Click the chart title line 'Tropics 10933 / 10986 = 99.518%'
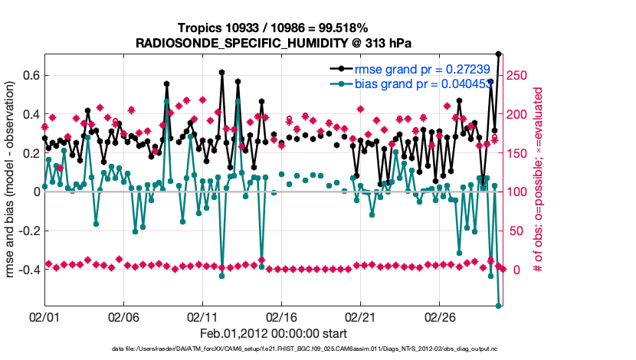[273, 28]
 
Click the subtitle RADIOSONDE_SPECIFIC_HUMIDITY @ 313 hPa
[273, 42]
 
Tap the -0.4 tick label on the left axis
[28, 270]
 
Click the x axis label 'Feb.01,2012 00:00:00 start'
[273, 333]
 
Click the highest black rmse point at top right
[499, 54]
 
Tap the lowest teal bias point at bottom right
[499, 306]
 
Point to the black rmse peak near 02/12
[221, 73]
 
